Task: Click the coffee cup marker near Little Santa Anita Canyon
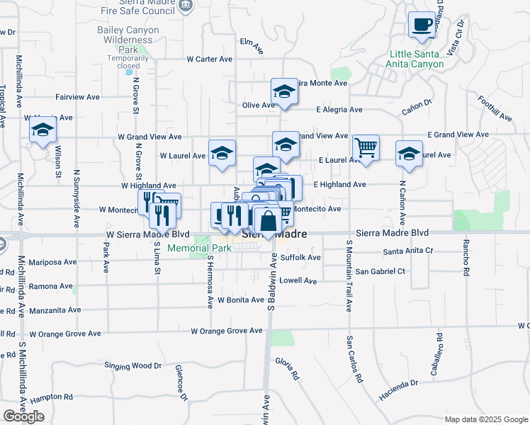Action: coord(422,25)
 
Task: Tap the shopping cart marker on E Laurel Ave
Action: coord(366,149)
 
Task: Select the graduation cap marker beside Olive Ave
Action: coord(284,92)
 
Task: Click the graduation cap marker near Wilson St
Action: coord(43,131)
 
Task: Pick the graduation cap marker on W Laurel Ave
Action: coord(222,154)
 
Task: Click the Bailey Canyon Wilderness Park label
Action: coord(125,40)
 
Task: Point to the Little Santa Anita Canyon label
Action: coord(417,59)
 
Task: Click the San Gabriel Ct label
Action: coord(380,271)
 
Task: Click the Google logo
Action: coord(23,416)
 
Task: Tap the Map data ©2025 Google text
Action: coord(485,419)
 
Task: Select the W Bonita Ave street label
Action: coord(241,300)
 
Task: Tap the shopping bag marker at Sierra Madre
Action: coord(269,221)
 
